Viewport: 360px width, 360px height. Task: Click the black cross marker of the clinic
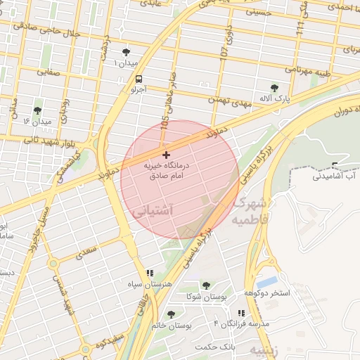click(166, 154)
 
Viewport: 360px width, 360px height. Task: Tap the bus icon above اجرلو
click(138, 79)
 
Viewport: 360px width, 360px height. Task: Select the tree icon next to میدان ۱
click(127, 53)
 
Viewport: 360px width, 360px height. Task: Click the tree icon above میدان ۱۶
click(37, 110)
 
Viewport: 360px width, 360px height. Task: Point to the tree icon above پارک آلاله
click(274, 88)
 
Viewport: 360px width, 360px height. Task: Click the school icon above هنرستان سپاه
click(150, 273)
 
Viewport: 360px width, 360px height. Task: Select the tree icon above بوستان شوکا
click(205, 285)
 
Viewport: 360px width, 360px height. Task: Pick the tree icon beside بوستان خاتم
click(171, 314)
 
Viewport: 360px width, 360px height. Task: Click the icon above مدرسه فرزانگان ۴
click(241, 313)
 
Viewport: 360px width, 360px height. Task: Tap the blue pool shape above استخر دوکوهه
click(267, 282)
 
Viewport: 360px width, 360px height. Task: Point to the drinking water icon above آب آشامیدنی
click(335, 166)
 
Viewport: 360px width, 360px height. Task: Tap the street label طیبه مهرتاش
click(308, 70)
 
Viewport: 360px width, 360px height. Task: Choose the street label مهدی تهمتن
click(229, 103)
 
